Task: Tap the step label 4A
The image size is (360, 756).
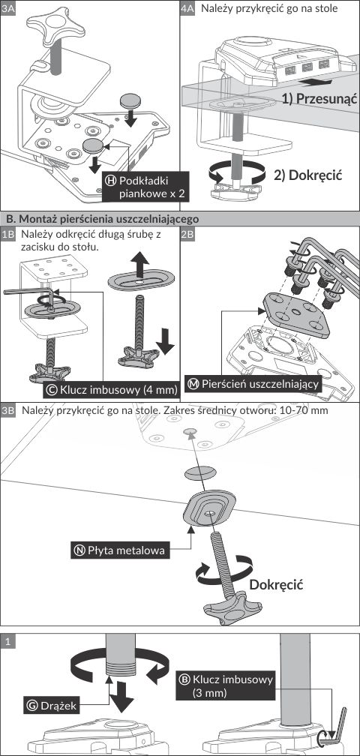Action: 187,9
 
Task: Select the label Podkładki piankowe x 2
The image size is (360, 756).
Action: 144,187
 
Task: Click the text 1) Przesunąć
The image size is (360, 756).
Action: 319,99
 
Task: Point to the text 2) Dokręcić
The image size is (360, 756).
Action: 308,175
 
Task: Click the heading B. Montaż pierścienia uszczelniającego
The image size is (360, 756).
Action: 102,218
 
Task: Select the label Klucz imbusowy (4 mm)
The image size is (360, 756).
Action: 111,390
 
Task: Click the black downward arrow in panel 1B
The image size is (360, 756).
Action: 165,340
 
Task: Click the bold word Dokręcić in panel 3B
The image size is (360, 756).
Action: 276,584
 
